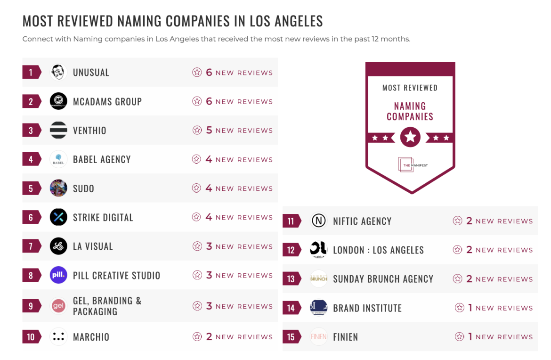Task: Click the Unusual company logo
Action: tap(58, 72)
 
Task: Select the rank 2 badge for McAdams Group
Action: tap(31, 101)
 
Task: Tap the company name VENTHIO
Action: tap(89, 131)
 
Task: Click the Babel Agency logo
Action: tap(58, 159)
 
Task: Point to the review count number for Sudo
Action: tap(209, 188)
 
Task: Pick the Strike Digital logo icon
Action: tap(58, 217)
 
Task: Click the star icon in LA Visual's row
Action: tap(197, 246)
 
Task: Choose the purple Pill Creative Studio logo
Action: tap(58, 275)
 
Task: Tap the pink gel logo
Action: tap(58, 306)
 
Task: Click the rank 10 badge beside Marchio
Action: tap(31, 337)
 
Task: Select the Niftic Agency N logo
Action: tap(319, 221)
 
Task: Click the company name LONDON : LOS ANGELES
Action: tap(378, 250)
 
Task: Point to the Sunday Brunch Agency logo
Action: tap(319, 279)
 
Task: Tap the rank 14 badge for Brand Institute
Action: tap(291, 308)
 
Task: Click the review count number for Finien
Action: tap(470, 336)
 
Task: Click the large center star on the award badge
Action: tap(410, 137)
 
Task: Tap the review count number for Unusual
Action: tap(209, 73)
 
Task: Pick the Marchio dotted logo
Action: tap(58, 337)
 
